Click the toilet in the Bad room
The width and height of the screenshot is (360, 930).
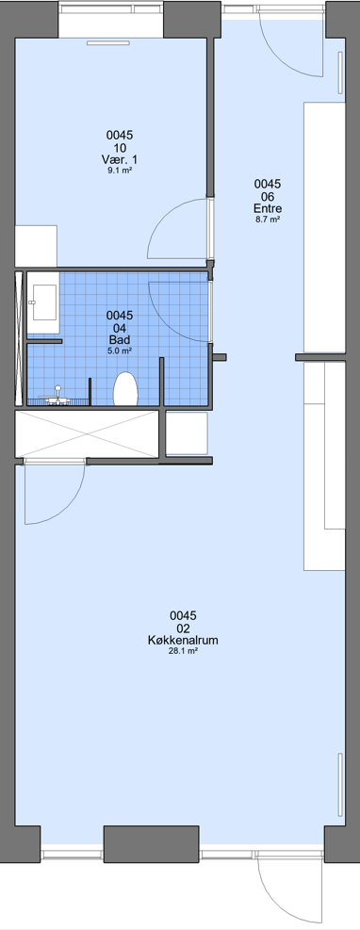pyautogui.click(x=125, y=388)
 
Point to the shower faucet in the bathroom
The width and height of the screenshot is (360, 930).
pyautogui.click(x=57, y=396)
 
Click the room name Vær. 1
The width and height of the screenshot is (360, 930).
pyautogui.click(x=119, y=159)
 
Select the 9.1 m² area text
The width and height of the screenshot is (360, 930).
pyautogui.click(x=119, y=171)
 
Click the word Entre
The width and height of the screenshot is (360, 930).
pyautogui.click(x=268, y=208)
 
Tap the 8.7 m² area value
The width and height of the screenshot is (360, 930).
pyautogui.click(x=268, y=219)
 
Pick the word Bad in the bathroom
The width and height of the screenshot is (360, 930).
pyautogui.click(x=119, y=339)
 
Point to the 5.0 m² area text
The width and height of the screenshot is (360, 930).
pyautogui.click(x=119, y=350)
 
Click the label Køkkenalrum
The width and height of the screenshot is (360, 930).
pyautogui.click(x=183, y=640)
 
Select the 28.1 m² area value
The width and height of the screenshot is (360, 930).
pyautogui.click(x=183, y=651)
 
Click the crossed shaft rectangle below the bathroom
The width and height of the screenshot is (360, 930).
pyautogui.click(x=87, y=433)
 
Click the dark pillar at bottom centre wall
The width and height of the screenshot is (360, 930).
pyautogui.click(x=151, y=844)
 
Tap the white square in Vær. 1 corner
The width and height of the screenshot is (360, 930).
pyautogui.click(x=36, y=246)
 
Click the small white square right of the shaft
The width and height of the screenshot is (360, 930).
pyautogui.click(x=187, y=433)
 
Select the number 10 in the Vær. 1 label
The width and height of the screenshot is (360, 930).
pyautogui.click(x=119, y=148)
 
